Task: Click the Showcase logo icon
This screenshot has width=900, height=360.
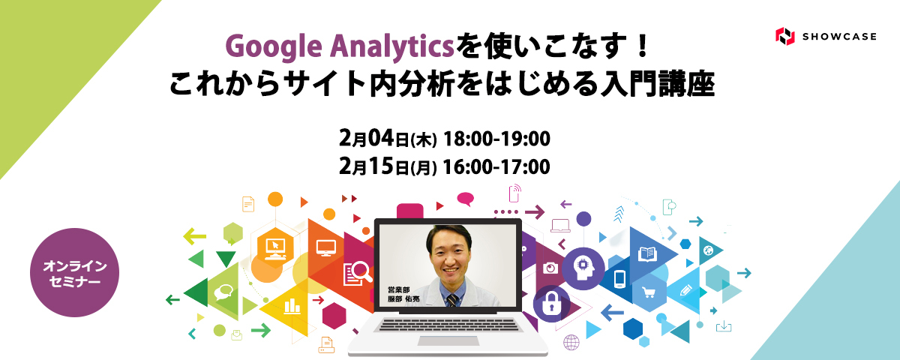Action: [784, 35]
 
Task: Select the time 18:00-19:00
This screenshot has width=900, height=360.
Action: [497, 139]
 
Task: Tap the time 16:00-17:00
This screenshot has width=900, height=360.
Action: [497, 165]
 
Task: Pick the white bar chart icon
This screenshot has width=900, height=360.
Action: [290, 305]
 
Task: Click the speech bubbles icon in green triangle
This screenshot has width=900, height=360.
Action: [223, 292]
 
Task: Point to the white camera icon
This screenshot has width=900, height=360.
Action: [550, 268]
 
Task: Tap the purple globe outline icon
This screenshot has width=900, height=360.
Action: [571, 343]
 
